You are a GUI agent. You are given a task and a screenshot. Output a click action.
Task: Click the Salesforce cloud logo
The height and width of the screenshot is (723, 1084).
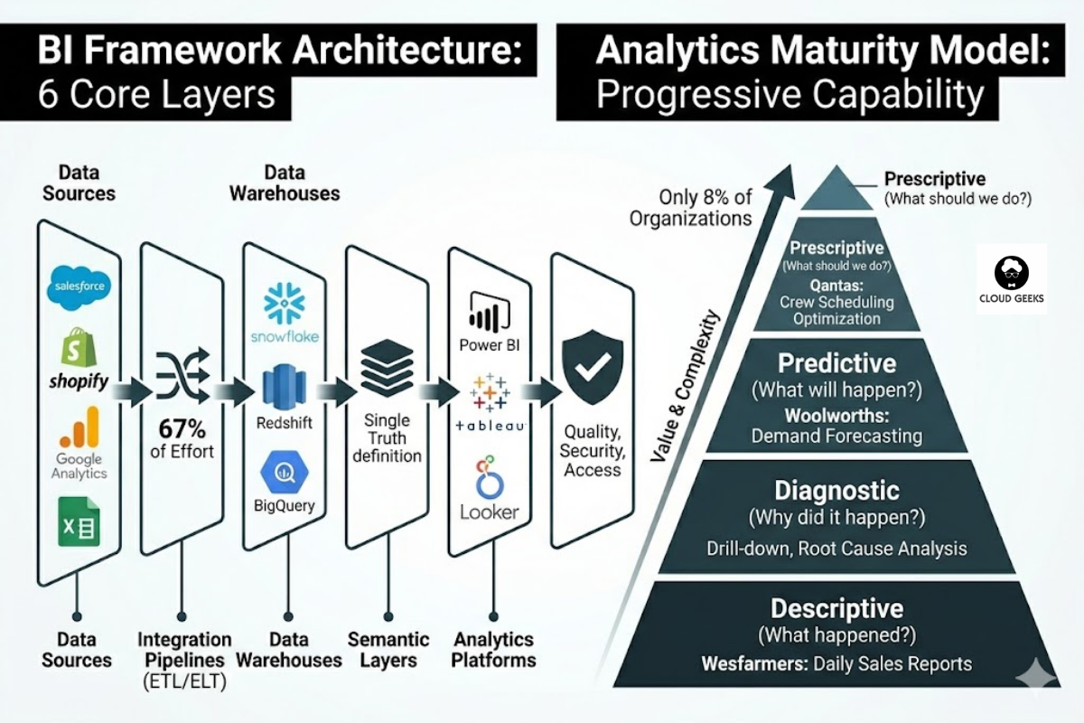point(79,286)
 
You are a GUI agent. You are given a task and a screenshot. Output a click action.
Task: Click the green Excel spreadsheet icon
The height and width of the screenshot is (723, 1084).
point(79,521)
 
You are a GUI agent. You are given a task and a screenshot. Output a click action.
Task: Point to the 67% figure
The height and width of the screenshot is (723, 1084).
point(184,427)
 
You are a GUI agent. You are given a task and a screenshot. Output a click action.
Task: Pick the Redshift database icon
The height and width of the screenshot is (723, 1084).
point(284,386)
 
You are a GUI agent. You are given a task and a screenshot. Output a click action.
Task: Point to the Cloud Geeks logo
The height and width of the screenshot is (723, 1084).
point(1011,279)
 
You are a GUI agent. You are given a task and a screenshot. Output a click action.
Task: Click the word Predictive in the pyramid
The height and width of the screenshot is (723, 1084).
point(836,364)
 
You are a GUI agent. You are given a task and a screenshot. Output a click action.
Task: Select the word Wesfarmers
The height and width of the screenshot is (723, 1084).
point(753,664)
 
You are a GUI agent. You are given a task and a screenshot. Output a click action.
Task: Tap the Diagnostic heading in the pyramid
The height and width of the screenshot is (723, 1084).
point(836,491)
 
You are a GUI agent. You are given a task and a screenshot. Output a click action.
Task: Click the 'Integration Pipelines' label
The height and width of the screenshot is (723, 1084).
point(184,651)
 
